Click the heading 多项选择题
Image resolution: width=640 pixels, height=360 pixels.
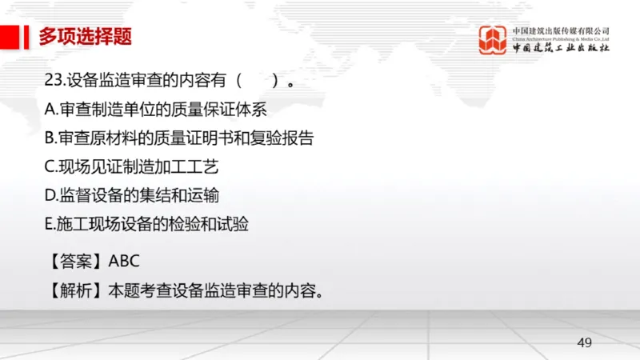click(x=85, y=36)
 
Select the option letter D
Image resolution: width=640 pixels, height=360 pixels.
click(x=50, y=195)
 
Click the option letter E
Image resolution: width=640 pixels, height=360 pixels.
click(x=50, y=225)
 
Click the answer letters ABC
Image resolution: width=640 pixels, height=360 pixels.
click(x=124, y=261)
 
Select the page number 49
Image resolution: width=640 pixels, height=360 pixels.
click(x=584, y=343)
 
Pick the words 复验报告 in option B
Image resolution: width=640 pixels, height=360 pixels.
click(x=282, y=138)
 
